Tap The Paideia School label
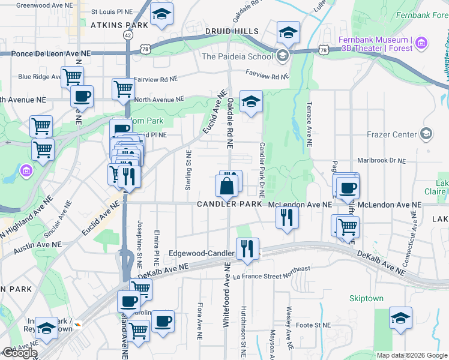coord(237,57)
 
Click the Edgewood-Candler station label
coord(200,253)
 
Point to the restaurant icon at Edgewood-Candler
coord(247,248)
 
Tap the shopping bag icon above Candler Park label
coord(227,186)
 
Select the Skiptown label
coord(367,298)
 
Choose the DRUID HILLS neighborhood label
coord(232,31)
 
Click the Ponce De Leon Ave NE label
coord(52,53)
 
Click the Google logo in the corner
coord(20,353)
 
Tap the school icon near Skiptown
coord(400,318)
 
